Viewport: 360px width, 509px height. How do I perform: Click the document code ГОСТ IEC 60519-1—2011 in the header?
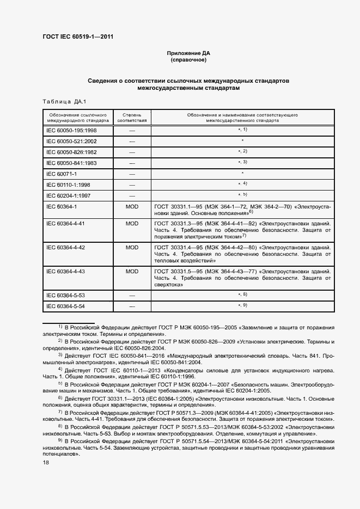coord(78,37)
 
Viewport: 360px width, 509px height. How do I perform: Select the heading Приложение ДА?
coord(188,53)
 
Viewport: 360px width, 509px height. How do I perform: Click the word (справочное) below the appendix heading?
coord(188,60)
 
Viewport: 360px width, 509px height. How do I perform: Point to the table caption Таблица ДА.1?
coord(60,102)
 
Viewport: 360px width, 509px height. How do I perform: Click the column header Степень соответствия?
coord(132,119)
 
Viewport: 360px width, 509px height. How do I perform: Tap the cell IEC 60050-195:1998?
coord(71,131)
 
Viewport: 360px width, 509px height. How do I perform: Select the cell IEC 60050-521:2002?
coord(71,142)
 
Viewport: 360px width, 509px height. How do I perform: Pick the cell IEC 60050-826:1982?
coord(71,152)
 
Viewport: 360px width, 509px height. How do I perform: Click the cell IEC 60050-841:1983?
coord(71,163)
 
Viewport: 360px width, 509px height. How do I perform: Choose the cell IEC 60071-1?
coord(62,174)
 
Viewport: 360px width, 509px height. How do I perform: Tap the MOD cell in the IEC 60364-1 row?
coord(132,207)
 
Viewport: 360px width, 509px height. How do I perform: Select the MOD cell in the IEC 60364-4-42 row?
coord(132,247)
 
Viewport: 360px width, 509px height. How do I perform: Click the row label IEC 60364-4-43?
coord(65,271)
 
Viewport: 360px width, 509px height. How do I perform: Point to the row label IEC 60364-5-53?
coord(65,295)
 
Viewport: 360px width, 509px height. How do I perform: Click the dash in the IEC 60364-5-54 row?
coord(132,306)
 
